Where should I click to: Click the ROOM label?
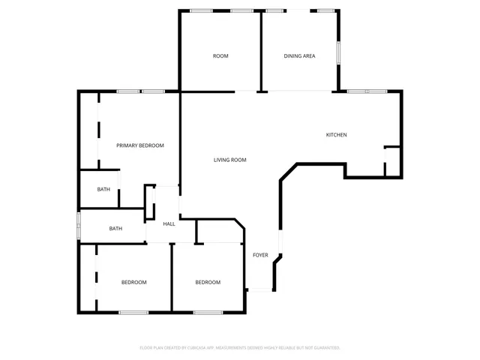tap(220, 56)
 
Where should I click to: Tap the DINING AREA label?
tap(298, 56)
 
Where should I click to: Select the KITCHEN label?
tap(336, 135)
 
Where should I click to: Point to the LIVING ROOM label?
tap(230, 160)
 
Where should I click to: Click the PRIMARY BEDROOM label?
tap(139, 145)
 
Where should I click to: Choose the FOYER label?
tap(260, 255)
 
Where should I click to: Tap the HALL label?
tap(169, 223)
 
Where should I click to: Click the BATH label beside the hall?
tap(116, 229)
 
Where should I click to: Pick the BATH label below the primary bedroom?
tap(103, 189)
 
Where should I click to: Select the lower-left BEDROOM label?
tap(134, 282)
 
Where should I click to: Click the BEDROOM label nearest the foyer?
tap(208, 282)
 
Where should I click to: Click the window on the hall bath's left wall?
tap(79, 226)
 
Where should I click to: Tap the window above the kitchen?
tap(367, 91)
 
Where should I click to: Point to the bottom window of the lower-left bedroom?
tap(133, 312)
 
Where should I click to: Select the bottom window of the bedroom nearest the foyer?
tap(208, 312)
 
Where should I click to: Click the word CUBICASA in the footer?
tap(187, 348)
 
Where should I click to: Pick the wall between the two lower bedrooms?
tap(172, 277)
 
